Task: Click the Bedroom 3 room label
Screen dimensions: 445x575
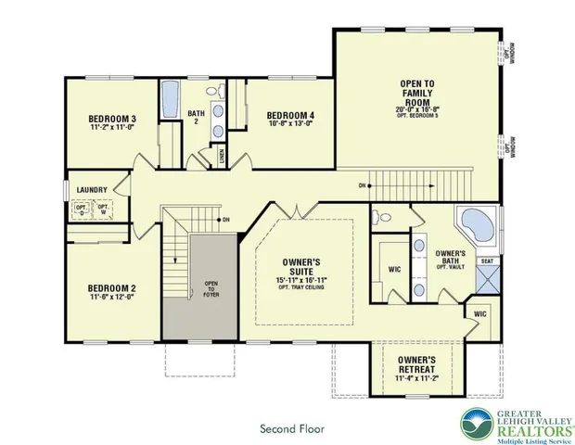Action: point(113,119)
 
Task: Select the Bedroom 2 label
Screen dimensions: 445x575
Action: point(113,287)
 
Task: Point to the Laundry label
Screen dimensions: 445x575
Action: point(93,190)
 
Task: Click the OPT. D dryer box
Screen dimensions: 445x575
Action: point(81,210)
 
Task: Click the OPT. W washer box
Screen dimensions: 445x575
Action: point(104,210)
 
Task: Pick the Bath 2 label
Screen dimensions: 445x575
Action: point(196,118)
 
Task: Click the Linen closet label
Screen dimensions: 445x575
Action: point(222,156)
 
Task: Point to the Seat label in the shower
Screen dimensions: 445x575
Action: point(486,261)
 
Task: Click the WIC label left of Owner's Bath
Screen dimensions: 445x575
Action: point(393,271)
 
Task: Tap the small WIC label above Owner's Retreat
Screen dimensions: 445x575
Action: point(479,314)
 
